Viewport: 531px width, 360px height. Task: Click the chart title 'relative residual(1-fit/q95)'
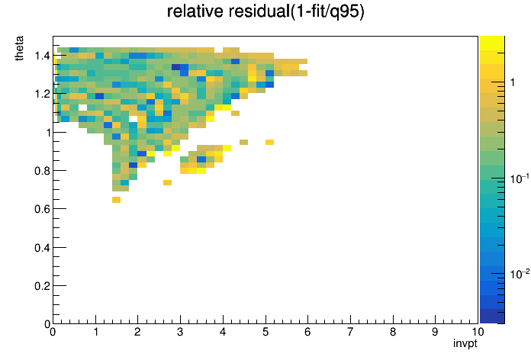(x=265, y=11)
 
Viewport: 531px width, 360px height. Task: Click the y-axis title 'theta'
(x=19, y=48)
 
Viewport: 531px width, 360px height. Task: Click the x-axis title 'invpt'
(x=465, y=343)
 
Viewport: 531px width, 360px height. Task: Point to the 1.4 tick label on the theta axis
(x=42, y=55)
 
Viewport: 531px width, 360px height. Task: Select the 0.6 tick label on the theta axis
(x=42, y=209)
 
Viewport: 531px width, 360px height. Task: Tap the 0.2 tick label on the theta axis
(x=42, y=286)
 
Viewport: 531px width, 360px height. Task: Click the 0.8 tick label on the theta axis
(x=42, y=171)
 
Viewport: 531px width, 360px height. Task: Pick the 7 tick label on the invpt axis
(x=350, y=332)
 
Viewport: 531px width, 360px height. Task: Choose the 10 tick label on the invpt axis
(x=478, y=332)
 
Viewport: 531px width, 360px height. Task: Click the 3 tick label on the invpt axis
(x=180, y=332)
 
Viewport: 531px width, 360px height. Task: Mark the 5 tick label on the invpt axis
(x=265, y=332)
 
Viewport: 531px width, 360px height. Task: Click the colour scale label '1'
(x=513, y=82)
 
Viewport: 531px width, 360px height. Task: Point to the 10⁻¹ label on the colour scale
(x=520, y=178)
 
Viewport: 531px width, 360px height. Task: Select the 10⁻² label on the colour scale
(x=520, y=274)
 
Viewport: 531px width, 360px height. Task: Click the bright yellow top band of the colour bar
(x=492, y=43)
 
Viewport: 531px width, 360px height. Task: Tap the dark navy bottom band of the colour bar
(x=492, y=317)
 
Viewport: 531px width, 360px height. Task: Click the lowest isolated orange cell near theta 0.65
(x=116, y=200)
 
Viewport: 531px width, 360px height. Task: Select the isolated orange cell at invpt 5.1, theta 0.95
(x=269, y=142)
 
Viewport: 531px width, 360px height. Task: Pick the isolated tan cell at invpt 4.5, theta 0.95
(x=244, y=142)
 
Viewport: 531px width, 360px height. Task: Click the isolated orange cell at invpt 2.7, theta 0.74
(x=167, y=182)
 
